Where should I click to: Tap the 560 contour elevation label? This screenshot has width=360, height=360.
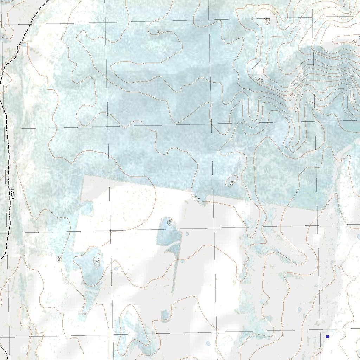[159, 32]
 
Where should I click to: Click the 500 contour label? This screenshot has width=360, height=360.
[59, 259]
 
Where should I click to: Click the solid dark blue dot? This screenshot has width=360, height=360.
[328, 336]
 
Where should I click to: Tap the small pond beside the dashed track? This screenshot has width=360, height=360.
[24, 45]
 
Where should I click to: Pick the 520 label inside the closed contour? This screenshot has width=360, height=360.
[97, 260]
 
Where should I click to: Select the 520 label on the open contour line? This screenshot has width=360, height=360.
[197, 199]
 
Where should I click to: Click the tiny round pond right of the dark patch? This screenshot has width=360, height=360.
[187, 234]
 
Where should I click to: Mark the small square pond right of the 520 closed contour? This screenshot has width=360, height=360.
[116, 268]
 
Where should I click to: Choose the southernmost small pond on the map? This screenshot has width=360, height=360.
[208, 343]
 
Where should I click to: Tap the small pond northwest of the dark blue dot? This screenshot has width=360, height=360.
[300, 310]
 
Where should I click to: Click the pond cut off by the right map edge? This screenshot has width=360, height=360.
[358, 237]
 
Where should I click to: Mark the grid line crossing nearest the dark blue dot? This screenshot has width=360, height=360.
[320, 330]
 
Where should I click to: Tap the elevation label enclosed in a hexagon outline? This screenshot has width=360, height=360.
[170, 222]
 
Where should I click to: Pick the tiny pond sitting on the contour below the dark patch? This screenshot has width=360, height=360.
[182, 261]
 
